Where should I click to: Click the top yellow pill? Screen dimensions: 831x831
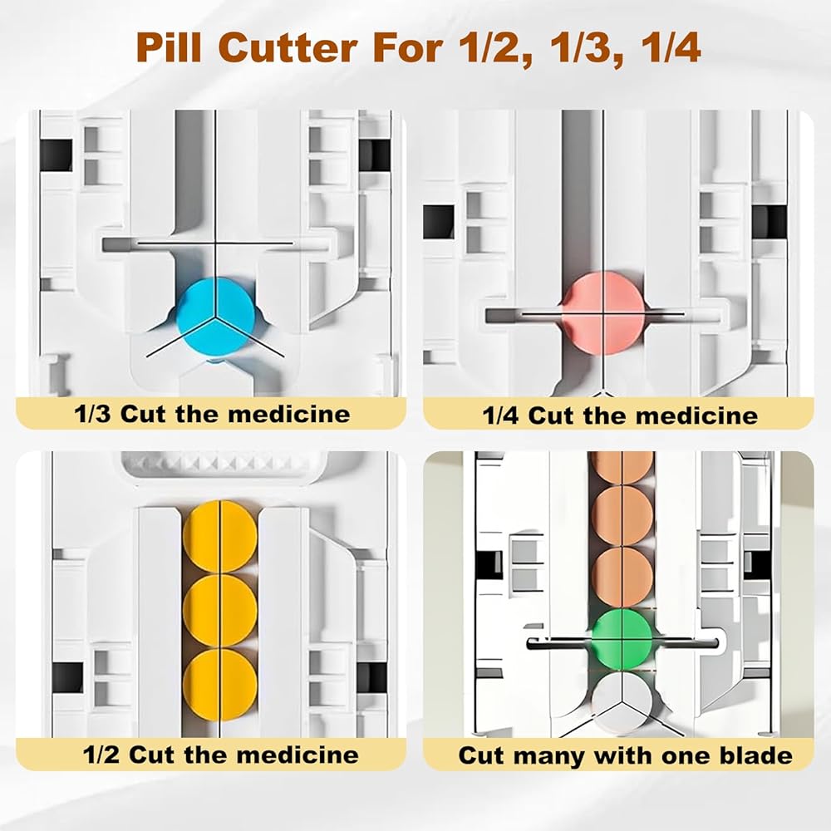click(x=220, y=536)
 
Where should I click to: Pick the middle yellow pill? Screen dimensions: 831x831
click(x=220, y=610)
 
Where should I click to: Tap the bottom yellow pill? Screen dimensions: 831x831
click(x=220, y=684)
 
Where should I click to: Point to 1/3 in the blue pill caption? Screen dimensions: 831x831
click(x=92, y=414)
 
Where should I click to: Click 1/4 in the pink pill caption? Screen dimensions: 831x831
click(x=500, y=415)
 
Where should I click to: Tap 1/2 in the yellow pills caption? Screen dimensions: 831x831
click(x=101, y=755)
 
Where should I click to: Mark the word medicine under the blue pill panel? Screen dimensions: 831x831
click(x=289, y=414)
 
